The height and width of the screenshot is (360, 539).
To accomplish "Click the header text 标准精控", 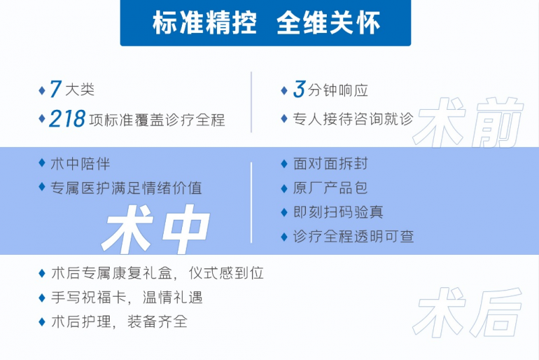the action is (x=205, y=23).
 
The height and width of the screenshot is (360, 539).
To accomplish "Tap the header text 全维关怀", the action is (x=328, y=23).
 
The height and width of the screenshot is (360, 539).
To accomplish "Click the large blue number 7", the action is (x=55, y=89).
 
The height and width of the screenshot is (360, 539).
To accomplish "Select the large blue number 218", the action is (x=67, y=119).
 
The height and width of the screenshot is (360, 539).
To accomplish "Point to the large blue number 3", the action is (x=299, y=89).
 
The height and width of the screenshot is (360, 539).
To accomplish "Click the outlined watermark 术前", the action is (x=468, y=123).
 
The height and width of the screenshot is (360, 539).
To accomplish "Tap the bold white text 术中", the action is (x=156, y=229).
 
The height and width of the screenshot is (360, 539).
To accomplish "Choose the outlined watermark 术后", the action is (x=468, y=312).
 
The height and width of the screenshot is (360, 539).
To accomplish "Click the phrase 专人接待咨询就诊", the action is (x=353, y=119).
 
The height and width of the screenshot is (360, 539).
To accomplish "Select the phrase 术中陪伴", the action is (x=80, y=164).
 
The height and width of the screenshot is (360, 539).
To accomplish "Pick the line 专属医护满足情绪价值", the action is (x=126, y=188).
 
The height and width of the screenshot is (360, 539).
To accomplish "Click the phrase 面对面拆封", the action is (x=330, y=163).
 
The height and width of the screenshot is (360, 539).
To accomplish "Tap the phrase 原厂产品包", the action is (x=330, y=188).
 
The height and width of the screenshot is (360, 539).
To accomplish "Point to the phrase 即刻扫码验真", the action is (x=338, y=212).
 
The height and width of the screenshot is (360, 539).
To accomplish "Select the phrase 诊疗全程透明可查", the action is (x=353, y=237).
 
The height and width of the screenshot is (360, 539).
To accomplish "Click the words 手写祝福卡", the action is (x=89, y=297).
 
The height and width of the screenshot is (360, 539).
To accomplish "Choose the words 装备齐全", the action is (x=158, y=322).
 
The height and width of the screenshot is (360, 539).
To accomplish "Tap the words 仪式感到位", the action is (x=226, y=273).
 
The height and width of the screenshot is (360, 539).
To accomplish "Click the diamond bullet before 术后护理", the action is (x=42, y=322).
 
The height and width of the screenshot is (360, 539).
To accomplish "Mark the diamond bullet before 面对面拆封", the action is (x=284, y=164).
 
